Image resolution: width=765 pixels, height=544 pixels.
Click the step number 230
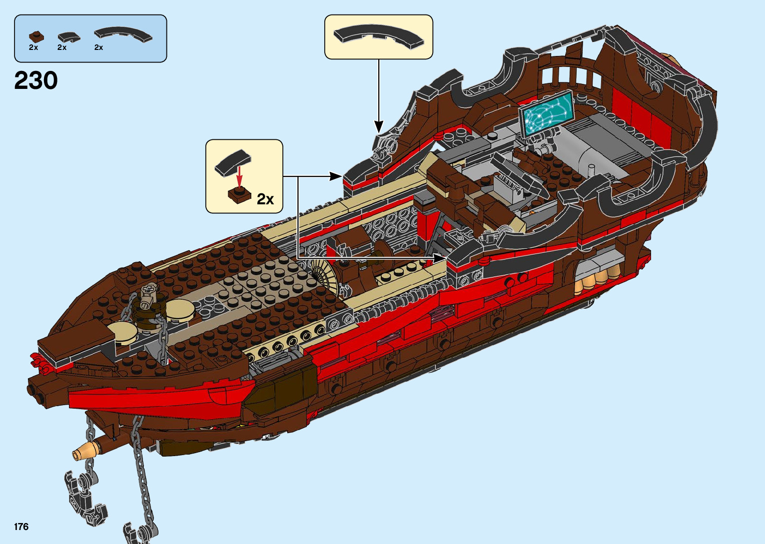(36, 80)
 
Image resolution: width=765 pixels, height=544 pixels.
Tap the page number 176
(21, 527)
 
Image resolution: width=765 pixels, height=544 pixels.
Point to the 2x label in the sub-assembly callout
(265, 199)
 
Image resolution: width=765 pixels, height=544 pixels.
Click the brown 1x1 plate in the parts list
(35, 36)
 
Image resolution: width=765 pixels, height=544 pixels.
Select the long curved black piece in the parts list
(123, 34)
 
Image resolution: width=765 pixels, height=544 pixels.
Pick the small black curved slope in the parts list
(68, 36)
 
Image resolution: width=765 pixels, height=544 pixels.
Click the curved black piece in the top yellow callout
(378, 36)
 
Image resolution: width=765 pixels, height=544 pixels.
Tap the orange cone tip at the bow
(79, 454)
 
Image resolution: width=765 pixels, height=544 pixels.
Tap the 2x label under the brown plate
(33, 47)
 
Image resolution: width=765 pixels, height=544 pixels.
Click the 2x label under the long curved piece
(98, 47)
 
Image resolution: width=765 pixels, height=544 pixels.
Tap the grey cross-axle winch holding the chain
(149, 294)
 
